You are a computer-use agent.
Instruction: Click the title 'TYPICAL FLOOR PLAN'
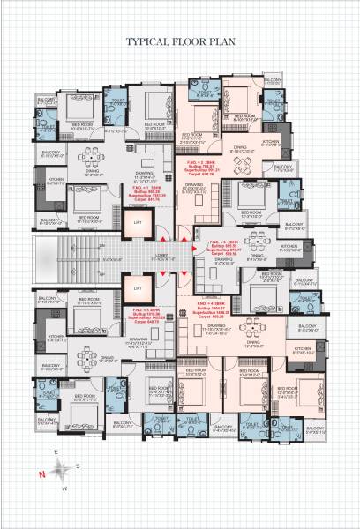[x=180, y=41]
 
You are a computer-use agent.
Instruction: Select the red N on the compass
[x=41, y=475]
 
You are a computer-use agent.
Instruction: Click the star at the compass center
[x=60, y=470]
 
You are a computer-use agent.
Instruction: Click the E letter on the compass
[x=55, y=453]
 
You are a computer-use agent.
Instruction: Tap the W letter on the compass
[x=64, y=488]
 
